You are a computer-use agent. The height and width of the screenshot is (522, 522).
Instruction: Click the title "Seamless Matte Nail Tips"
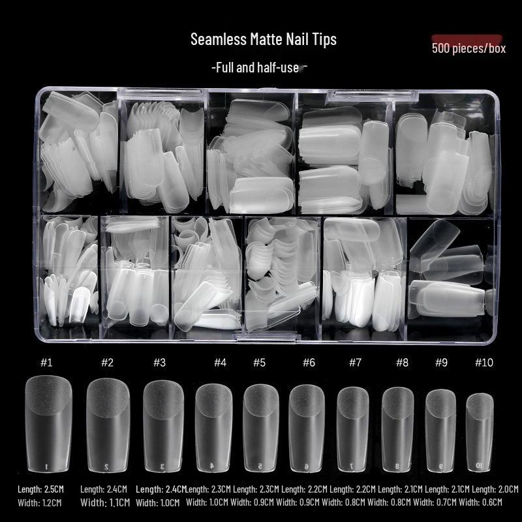click(264, 39)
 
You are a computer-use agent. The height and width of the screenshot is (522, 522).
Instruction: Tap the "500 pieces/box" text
click(468, 48)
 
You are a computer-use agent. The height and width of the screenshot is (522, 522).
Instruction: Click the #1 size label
click(46, 362)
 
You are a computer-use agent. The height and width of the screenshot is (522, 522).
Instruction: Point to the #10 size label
click(484, 362)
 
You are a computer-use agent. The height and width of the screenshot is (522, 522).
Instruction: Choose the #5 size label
click(259, 362)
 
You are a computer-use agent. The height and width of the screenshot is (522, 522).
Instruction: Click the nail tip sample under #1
click(48, 423)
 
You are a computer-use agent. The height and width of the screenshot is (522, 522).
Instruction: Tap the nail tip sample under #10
click(480, 432)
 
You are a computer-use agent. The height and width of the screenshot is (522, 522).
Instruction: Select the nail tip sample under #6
click(307, 428)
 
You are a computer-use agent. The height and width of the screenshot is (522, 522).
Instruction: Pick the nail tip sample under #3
click(163, 426)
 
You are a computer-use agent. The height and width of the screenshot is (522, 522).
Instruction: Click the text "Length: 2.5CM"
click(40, 489)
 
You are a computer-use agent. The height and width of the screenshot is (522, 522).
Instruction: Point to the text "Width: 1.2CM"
click(40, 502)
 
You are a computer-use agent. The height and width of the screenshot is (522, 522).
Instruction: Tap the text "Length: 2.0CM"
click(495, 489)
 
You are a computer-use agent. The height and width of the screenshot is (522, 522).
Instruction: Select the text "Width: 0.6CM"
click(480, 502)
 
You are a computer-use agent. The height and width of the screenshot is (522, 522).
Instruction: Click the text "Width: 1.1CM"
click(105, 502)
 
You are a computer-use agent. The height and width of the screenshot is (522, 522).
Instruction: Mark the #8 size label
click(402, 362)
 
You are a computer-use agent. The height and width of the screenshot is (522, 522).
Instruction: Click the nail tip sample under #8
click(397, 429)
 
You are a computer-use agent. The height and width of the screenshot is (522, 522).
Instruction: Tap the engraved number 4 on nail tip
click(211, 466)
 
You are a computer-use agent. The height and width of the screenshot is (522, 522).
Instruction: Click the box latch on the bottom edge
click(266, 337)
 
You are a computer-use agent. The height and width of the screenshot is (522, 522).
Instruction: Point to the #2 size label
click(107, 362)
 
